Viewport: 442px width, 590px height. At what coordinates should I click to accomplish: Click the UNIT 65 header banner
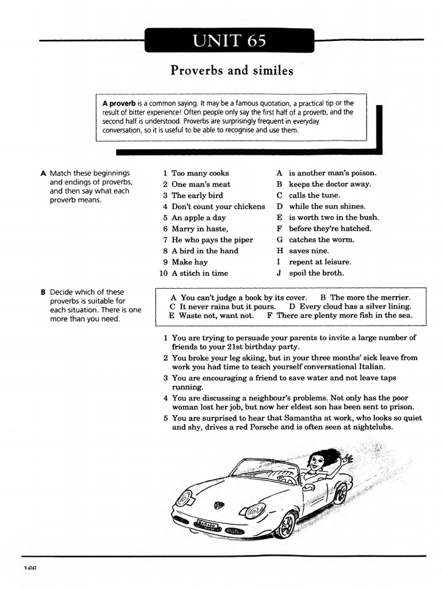230,41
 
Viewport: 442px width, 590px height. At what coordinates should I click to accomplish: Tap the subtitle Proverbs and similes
231,71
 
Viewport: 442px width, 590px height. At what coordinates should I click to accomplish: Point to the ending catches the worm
322,240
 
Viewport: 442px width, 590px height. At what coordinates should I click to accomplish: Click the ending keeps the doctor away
330,184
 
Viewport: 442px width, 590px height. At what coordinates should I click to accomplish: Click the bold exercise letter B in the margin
43,292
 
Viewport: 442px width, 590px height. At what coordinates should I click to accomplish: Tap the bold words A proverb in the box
119,103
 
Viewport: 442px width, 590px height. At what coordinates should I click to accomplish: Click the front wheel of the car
285,523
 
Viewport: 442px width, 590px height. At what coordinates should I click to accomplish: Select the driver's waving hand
345,461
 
